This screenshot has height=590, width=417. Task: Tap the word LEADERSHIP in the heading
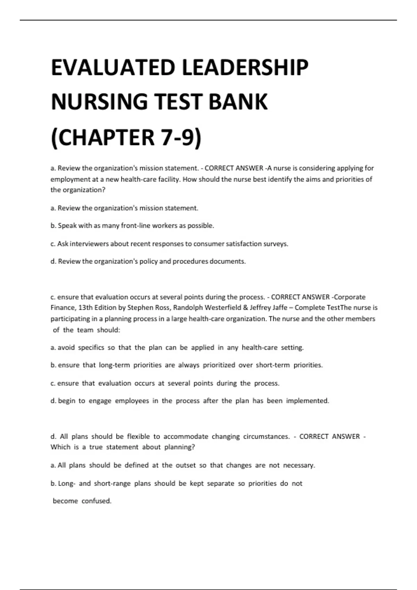click(245, 68)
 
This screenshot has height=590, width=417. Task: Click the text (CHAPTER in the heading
click(103, 137)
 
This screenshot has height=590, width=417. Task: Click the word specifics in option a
click(91, 348)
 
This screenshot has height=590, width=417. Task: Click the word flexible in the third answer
click(138, 437)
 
